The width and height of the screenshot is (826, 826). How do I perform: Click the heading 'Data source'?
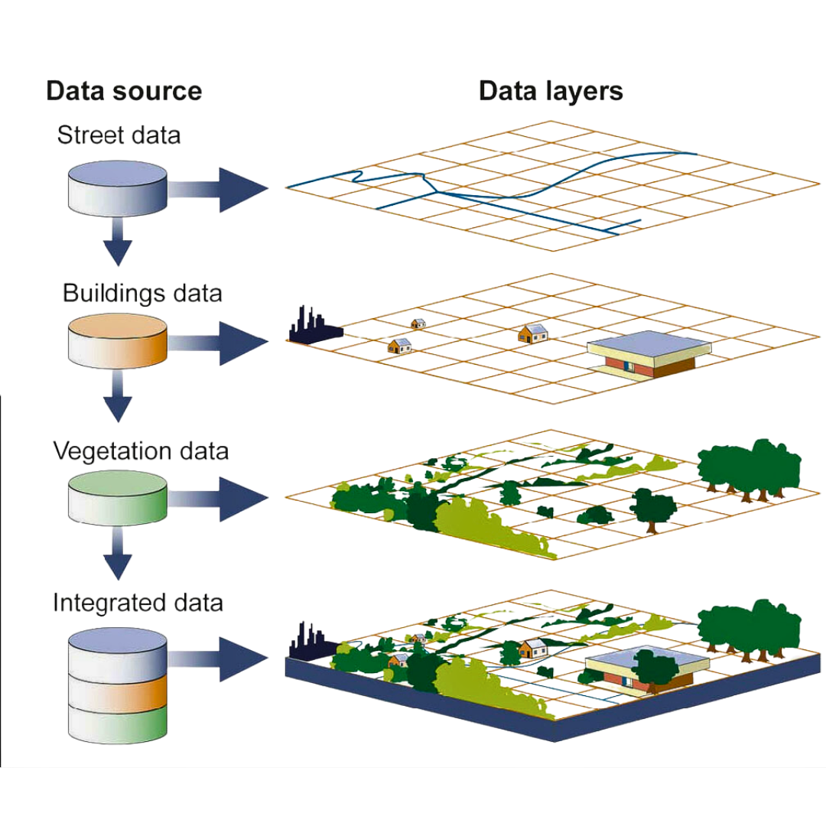pos(124,91)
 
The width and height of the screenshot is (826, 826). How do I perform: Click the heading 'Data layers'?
pos(551,91)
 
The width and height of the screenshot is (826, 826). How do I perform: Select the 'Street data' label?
pos(119,136)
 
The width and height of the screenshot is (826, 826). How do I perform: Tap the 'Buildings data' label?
pos(142,293)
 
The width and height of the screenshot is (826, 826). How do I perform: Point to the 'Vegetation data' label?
pos(141,450)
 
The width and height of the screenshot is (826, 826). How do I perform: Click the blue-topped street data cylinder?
pos(117,187)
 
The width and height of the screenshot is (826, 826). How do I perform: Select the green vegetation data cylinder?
pos(117,497)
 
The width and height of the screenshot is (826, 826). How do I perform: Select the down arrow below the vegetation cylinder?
pos(117,556)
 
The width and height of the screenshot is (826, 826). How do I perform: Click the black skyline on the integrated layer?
pos(309,641)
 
